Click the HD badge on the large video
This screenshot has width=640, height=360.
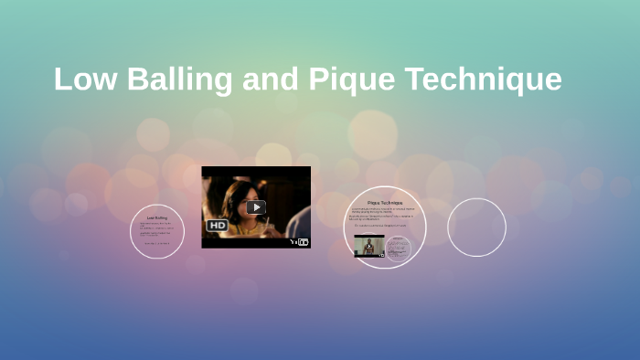[218, 225]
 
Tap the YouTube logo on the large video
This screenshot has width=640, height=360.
[298, 241]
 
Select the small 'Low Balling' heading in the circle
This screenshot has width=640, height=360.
[157, 217]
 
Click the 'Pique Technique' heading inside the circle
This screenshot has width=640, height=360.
[384, 202]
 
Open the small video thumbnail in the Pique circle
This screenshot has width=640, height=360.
[369, 246]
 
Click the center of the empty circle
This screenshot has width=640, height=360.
[476, 228]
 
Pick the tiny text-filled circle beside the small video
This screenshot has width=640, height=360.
[398, 247]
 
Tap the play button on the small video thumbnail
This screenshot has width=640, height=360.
[369, 246]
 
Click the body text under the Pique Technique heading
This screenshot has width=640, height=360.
[384, 216]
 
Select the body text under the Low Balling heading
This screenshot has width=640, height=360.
[156, 232]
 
